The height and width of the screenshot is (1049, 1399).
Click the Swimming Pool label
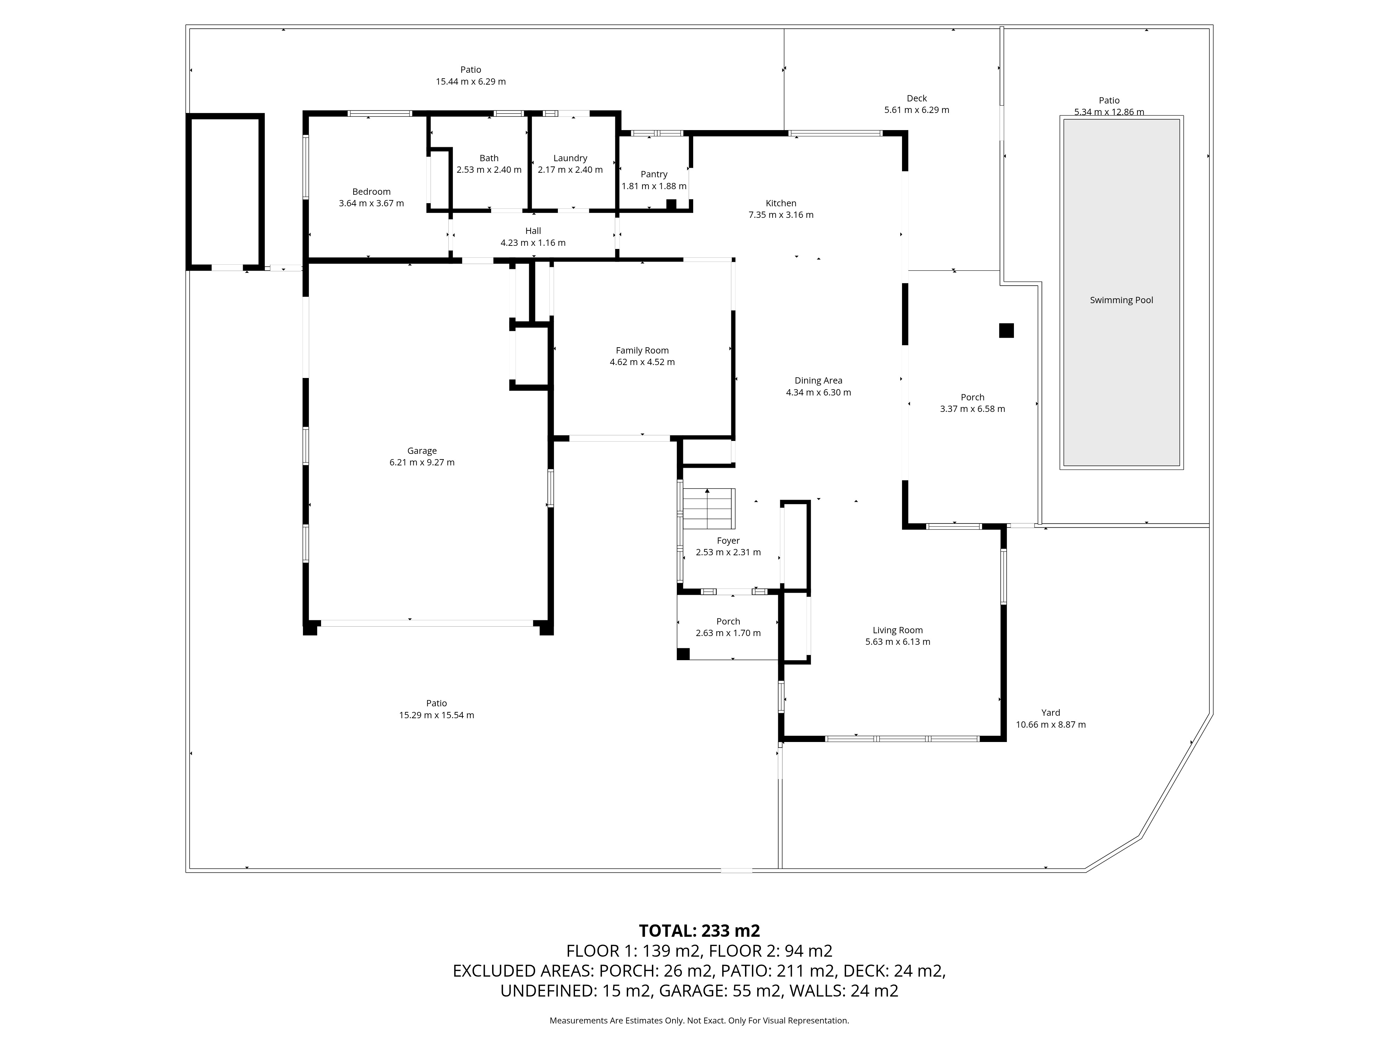(1121, 300)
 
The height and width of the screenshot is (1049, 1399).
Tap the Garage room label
(422, 451)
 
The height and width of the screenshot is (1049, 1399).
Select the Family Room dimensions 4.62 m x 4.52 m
(642, 362)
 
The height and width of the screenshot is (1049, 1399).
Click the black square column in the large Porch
(1006, 331)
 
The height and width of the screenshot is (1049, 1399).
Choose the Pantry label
(654, 174)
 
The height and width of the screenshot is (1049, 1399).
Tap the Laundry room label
(570, 158)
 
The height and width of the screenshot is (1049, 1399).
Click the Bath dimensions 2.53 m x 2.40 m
(489, 170)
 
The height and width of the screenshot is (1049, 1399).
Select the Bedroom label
(371, 192)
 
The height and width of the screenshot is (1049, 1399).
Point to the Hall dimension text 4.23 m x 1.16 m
(533, 243)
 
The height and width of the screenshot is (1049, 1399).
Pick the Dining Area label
(818, 381)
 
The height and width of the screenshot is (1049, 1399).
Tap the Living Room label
(897, 630)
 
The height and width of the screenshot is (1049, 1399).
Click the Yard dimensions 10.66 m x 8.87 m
(1051, 725)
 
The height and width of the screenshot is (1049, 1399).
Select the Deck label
(916, 99)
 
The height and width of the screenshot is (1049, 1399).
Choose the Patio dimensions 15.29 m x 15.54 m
(436, 715)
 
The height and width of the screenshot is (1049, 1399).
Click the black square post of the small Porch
(683, 654)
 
